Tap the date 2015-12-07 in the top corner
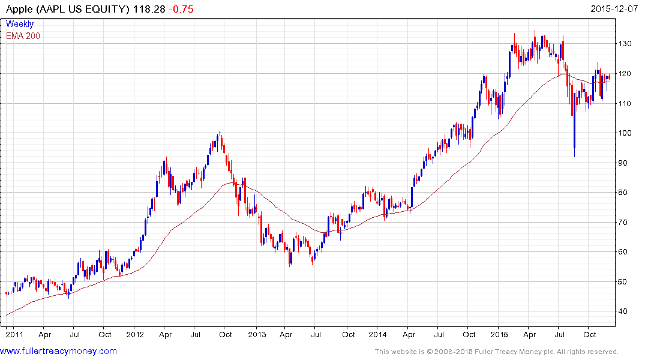(x=614, y=9)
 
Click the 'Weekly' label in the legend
(x=20, y=24)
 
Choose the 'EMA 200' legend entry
(x=23, y=35)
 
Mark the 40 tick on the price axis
(x=625, y=311)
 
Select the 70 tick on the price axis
(x=625, y=223)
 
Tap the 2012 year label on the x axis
(x=135, y=334)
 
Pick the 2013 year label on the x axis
(x=257, y=334)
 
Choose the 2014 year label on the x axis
(x=378, y=334)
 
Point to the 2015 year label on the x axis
(x=500, y=334)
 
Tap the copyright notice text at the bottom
(x=496, y=352)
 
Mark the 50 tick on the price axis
(x=625, y=282)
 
